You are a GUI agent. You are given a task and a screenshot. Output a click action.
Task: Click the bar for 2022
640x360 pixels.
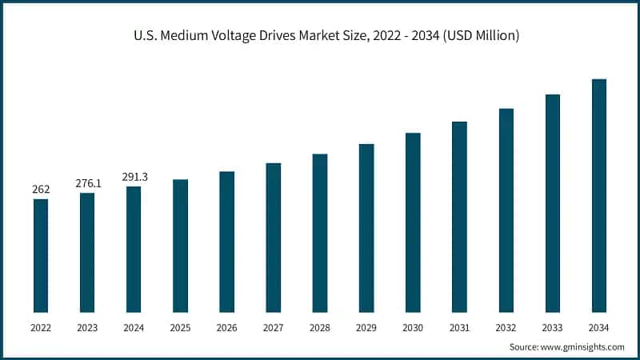point(41,255)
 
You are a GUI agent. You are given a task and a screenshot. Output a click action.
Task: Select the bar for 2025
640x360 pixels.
point(180,246)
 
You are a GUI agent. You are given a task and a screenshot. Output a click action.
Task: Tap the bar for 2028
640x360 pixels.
point(320,233)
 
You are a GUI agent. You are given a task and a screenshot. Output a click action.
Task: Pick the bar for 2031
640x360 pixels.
point(459,217)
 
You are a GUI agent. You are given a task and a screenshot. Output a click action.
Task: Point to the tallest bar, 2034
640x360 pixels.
point(598,195)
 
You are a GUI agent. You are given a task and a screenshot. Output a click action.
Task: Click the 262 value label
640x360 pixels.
point(41,190)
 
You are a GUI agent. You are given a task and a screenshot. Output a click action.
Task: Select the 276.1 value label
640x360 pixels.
point(88,183)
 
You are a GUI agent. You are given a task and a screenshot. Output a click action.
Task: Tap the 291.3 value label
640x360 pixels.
point(134,177)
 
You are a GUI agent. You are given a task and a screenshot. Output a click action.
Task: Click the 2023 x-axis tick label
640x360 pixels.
point(87,327)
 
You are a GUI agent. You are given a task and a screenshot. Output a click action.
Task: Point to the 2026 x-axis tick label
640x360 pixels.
point(226,327)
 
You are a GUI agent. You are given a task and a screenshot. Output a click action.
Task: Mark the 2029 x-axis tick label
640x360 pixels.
point(366,327)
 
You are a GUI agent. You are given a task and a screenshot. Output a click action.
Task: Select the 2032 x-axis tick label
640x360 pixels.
point(506,327)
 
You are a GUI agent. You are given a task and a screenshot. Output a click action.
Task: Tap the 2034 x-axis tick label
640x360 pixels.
point(598,327)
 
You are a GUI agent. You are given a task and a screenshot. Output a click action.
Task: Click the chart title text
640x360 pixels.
point(320,36)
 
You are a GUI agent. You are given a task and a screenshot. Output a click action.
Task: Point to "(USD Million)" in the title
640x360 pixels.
point(480,36)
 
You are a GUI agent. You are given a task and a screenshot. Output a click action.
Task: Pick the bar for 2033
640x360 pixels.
point(552,203)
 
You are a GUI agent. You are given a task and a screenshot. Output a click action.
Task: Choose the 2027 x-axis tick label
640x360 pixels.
point(273,327)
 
